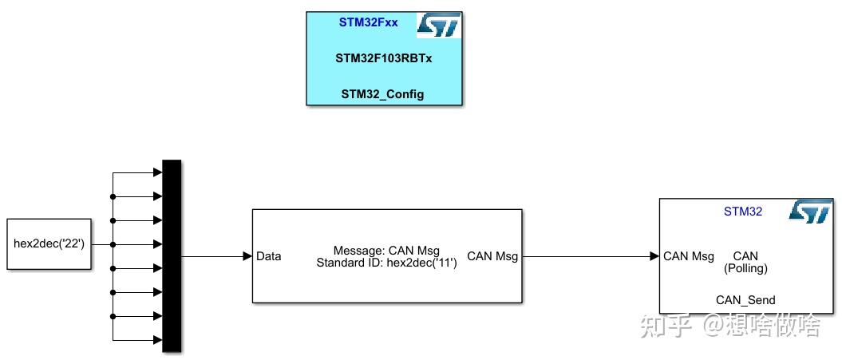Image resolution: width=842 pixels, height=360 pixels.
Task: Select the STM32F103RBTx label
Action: point(384,58)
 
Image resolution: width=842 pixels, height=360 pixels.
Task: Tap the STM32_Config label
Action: point(382,94)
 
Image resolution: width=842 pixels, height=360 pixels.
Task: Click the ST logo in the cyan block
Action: point(438,26)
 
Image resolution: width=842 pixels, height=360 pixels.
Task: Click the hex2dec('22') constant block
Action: point(49,243)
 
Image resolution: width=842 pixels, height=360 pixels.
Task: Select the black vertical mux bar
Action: point(172,255)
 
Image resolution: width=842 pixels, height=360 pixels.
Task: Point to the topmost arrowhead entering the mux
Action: point(156,172)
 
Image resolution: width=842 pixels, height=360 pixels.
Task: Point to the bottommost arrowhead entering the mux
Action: point(156,340)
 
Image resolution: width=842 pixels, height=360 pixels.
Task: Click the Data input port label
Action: point(268,256)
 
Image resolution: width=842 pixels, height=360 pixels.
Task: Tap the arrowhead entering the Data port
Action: point(247,256)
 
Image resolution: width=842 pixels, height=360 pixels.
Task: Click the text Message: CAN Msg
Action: point(386,251)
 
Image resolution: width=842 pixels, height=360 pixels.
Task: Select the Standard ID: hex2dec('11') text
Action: point(386,262)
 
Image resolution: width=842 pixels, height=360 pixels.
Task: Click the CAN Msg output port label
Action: point(492,256)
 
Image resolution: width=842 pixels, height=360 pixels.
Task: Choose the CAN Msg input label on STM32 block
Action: point(689,256)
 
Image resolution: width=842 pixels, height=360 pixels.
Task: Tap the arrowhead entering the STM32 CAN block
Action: point(654,256)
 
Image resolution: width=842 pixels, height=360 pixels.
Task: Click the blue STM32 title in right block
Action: point(743,212)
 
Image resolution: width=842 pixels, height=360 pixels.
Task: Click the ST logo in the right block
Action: point(810,212)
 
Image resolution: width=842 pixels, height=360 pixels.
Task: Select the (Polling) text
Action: point(745,268)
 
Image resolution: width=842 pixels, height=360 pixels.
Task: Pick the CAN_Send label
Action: point(745,300)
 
